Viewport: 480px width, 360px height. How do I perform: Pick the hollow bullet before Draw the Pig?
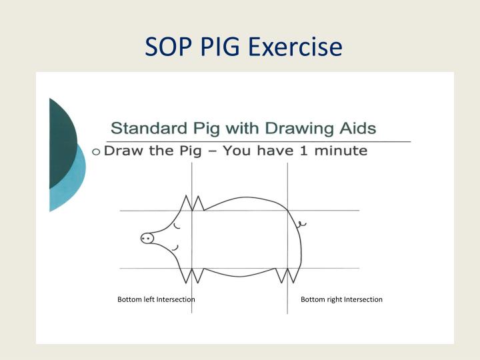97,151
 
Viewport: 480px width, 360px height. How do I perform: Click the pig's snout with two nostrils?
147,238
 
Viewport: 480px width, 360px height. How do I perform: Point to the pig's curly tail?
301,225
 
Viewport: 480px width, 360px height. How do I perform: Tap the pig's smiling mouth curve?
175,249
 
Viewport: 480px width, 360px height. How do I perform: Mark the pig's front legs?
191,273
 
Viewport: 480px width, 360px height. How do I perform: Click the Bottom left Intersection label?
156,299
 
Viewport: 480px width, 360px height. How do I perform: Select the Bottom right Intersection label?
341,299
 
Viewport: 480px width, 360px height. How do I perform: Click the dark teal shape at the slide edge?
61,140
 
